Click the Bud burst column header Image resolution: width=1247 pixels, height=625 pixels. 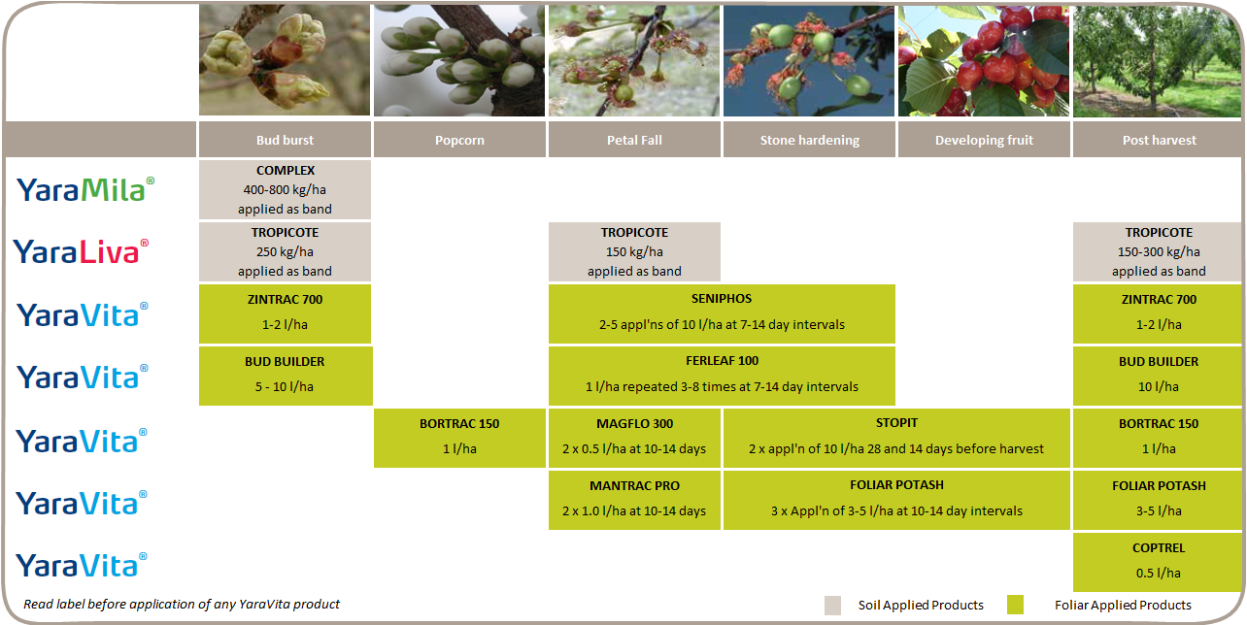tap(285, 140)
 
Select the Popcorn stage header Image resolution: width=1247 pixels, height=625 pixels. tap(459, 140)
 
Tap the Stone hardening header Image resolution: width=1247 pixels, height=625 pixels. tap(809, 140)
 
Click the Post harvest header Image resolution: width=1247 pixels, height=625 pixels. tap(1159, 140)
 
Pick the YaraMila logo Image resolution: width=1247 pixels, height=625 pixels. tap(85, 190)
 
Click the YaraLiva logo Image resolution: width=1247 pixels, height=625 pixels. tap(82, 251)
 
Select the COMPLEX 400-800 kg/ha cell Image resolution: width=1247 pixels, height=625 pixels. tap(285, 190)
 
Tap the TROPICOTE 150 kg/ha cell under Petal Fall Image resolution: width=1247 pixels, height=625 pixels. tap(634, 251)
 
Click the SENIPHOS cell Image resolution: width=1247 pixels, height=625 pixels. tap(722, 313)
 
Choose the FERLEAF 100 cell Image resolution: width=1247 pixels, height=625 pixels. tap(722, 377)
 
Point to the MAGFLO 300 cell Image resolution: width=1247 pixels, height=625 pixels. tap(634, 438)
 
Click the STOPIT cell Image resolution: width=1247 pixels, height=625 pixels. tap(896, 438)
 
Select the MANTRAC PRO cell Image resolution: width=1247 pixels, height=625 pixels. tap(634, 501)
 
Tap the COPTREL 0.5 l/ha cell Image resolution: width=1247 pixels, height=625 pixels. tap(1158, 562)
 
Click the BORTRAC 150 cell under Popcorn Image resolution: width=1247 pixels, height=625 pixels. tap(459, 438)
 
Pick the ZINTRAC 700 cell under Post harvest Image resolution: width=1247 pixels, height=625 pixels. tap(1158, 313)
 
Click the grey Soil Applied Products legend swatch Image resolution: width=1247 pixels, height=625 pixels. tap(832, 606)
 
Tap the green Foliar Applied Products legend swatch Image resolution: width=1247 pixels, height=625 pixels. tap(1015, 605)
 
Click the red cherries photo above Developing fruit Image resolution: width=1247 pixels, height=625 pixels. tap(984, 61)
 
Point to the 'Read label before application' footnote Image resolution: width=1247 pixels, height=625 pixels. tap(182, 605)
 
